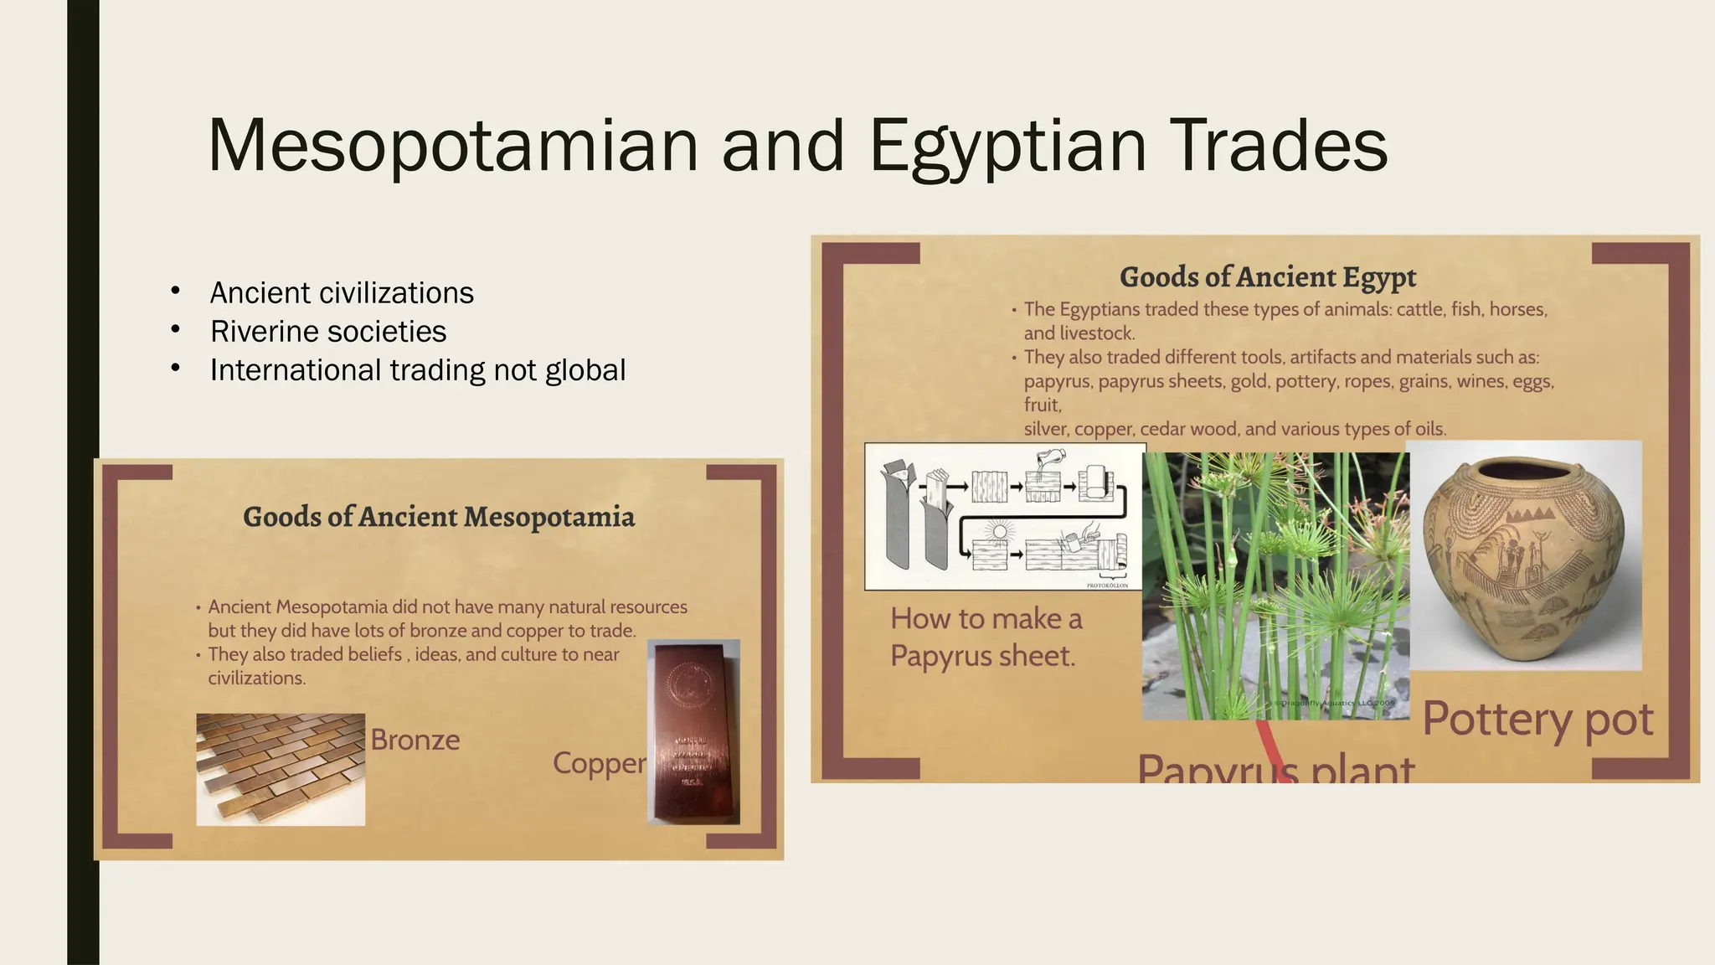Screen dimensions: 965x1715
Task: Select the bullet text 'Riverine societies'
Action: (327, 332)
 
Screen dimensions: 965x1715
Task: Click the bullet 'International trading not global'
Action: (417, 370)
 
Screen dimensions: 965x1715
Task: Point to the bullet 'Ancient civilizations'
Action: (342, 293)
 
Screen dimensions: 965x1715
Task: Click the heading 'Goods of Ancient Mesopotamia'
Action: (439, 517)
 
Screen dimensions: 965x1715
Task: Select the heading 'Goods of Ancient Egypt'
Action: (1267, 277)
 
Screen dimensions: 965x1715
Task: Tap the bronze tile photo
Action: (281, 769)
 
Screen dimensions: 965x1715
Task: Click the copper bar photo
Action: (694, 731)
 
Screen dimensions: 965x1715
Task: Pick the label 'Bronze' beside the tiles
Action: (415, 740)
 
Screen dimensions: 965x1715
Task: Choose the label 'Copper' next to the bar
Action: (599, 763)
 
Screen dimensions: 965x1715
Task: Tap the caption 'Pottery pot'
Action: (1537, 720)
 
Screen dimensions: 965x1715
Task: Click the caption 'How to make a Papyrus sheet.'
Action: (986, 637)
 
